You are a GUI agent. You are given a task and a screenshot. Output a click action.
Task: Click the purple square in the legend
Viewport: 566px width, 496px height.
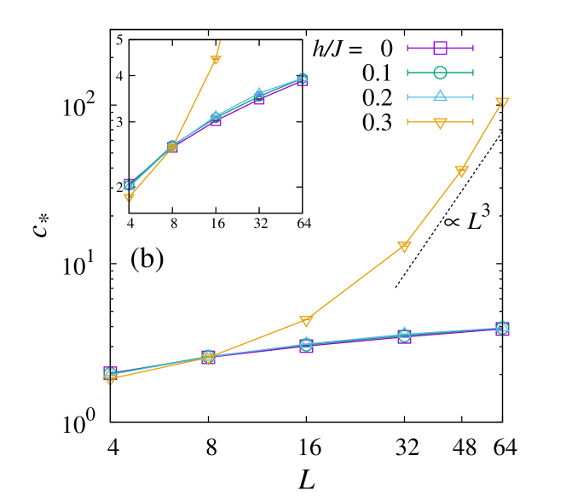440,48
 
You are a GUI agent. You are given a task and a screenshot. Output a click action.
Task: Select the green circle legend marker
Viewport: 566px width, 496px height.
440,73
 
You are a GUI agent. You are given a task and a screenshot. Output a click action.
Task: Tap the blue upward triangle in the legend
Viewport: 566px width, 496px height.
440,96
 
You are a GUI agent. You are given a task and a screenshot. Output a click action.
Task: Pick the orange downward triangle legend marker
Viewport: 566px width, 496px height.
440,122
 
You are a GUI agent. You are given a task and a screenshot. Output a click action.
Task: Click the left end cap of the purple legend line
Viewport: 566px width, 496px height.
408,48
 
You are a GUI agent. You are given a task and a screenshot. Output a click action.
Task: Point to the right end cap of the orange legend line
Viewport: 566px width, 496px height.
472,122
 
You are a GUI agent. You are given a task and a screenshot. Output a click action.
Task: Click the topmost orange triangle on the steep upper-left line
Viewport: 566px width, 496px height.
216,60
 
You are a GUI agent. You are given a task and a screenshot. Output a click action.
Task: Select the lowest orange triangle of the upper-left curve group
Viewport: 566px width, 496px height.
129,197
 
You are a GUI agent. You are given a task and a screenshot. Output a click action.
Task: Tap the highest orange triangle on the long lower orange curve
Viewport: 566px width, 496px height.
502,102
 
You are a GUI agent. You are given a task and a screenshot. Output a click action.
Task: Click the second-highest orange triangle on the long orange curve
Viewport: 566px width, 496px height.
461,171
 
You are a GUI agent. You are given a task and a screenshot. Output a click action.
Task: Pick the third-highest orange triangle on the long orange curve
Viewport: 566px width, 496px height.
404,247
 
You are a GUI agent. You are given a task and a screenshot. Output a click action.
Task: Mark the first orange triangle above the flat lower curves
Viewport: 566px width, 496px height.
306,321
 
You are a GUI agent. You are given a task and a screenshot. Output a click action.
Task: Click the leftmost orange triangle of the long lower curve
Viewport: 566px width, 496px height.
110,378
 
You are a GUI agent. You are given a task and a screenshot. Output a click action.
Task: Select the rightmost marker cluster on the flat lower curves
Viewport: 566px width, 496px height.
502,328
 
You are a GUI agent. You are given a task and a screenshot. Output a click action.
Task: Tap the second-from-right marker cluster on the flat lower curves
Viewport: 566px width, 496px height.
404,336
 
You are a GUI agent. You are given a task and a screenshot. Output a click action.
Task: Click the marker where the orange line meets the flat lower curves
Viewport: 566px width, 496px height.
208,356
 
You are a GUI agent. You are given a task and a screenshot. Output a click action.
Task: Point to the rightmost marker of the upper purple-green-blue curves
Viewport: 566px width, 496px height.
302,79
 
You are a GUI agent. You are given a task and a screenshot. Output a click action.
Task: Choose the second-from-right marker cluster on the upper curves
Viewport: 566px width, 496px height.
259,96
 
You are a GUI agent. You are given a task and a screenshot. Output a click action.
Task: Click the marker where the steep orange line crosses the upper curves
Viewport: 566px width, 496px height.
172,147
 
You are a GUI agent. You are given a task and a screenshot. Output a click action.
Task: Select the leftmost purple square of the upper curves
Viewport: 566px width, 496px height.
129,184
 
